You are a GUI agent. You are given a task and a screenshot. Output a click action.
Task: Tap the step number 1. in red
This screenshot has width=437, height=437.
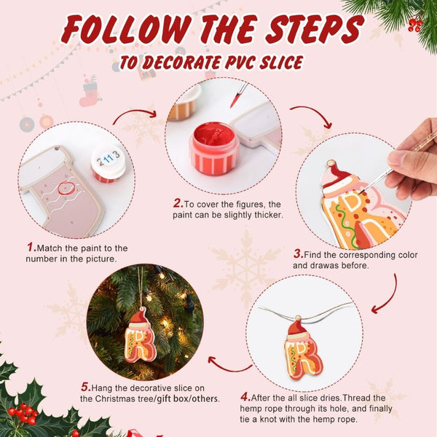coord(31,248)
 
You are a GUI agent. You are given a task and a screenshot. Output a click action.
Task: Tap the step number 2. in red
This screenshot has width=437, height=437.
coord(177,203)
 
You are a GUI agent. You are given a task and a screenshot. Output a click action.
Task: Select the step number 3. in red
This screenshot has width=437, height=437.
coord(298,254)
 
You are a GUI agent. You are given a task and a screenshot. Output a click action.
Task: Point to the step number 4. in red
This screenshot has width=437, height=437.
coord(245,397)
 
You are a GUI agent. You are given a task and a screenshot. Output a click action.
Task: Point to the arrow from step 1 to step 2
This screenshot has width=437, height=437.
coord(135,114)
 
